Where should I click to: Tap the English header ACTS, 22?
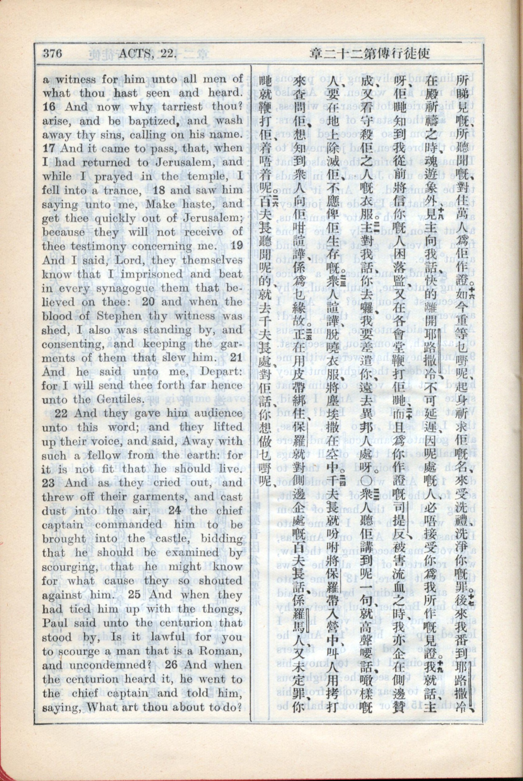click(147, 53)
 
